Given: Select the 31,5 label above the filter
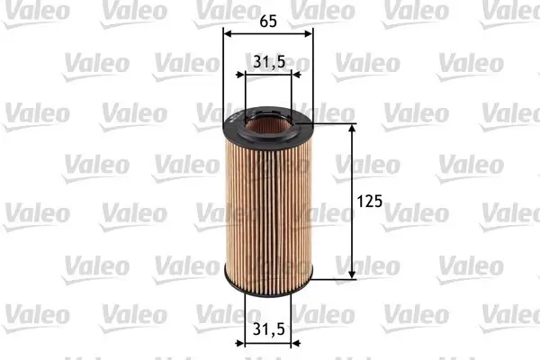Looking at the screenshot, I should pyautogui.click(x=267, y=61).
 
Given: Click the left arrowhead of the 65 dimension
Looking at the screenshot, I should pyautogui.click(x=227, y=32).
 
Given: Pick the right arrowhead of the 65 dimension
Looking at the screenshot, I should pyautogui.click(x=309, y=32).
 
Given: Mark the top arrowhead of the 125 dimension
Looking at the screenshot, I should pyautogui.click(x=351, y=129).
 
